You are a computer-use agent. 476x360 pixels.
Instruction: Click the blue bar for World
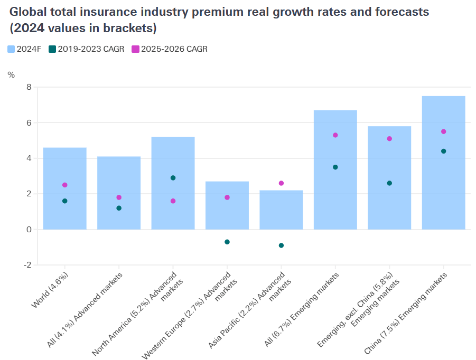coord(64,169)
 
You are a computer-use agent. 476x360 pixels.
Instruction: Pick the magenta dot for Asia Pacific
coord(281,183)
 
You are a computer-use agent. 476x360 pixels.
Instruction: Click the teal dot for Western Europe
coord(227,242)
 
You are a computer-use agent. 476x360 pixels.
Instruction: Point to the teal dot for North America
coord(173,178)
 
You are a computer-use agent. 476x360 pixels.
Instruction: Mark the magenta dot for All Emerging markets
coord(335,135)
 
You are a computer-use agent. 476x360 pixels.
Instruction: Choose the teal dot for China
coord(443,151)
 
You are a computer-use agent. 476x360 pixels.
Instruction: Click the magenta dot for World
coord(64,185)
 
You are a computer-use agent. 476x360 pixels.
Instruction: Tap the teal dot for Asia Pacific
coord(281,245)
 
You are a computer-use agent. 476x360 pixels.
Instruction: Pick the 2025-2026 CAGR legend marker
coord(135,49)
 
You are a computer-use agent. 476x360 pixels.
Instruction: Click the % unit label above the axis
coord(11,75)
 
